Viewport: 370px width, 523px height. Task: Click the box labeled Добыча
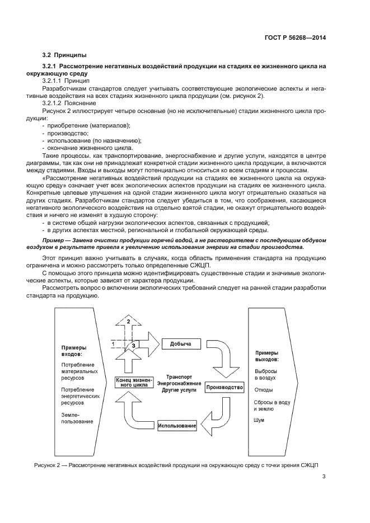181,343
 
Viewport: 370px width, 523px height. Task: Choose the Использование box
177,426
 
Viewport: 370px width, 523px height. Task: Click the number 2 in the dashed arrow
129,322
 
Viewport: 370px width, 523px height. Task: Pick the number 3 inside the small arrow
133,346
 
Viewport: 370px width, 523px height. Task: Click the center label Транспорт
178,377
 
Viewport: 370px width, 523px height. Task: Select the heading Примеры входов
74,350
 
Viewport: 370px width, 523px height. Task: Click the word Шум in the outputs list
259,420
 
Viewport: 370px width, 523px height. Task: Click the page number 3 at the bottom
324,477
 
